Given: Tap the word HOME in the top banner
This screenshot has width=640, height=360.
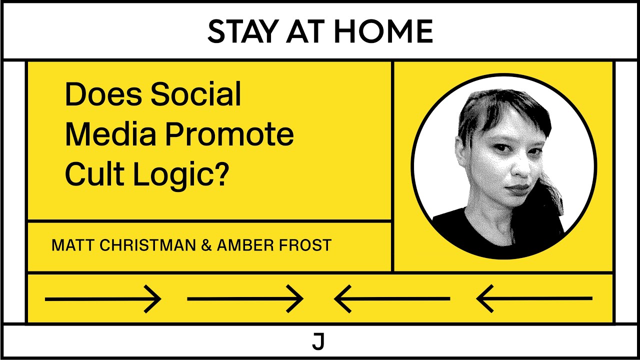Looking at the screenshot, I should (383, 31).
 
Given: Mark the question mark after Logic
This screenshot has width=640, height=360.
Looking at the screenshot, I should (221, 174).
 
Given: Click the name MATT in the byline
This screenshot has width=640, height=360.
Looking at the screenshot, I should (68, 245).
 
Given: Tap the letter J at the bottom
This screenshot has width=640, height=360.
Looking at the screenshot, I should (318, 341).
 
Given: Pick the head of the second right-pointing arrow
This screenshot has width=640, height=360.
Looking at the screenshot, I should (297, 299).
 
